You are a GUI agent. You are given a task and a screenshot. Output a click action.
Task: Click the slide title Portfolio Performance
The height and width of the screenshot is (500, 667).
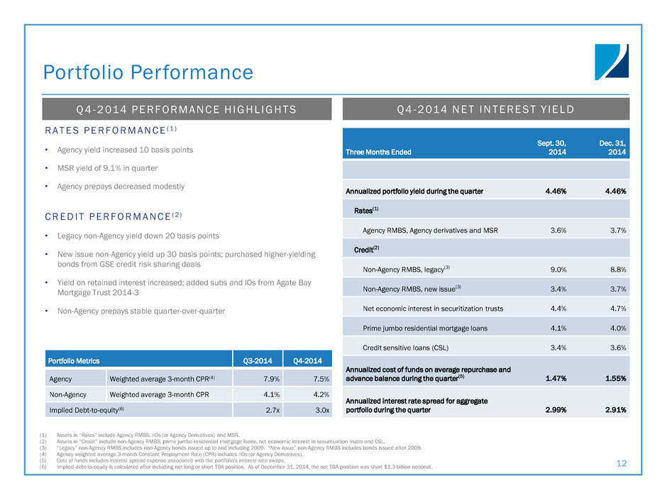[x=148, y=72]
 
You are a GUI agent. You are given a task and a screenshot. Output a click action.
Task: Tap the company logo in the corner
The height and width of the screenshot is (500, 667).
[x=611, y=62]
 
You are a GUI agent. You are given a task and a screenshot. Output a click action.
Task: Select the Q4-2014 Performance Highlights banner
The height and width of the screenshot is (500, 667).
[x=187, y=109]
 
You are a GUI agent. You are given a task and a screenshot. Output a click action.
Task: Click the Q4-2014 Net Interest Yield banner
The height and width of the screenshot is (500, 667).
[x=486, y=109]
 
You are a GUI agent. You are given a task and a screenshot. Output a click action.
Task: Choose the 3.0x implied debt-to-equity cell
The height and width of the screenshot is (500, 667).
[x=319, y=409]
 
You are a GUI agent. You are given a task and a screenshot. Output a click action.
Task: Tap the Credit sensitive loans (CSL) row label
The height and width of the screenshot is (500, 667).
[x=405, y=348]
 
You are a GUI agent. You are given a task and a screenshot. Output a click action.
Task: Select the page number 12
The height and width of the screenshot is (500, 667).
[x=622, y=463]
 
